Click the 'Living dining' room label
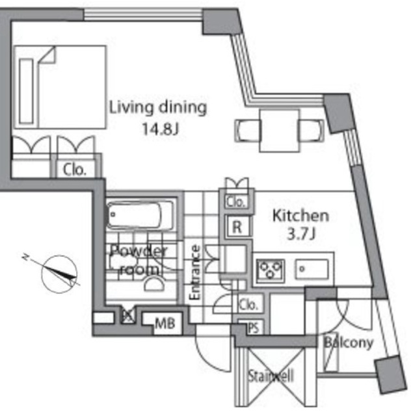click(x=157, y=107)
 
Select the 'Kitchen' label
click(x=300, y=215)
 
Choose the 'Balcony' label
click(x=349, y=343)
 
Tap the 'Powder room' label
click(x=139, y=259)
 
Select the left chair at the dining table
click(x=246, y=130)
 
